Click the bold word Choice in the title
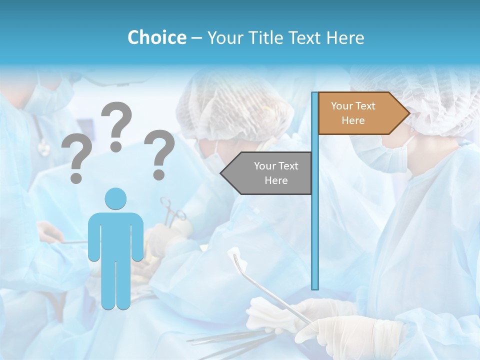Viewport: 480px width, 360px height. point(156,37)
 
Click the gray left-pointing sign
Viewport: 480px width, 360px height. point(267,173)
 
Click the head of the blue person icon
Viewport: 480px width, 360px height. point(115,198)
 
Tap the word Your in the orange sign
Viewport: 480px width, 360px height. point(342,106)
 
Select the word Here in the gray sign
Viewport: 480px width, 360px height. point(276,180)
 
